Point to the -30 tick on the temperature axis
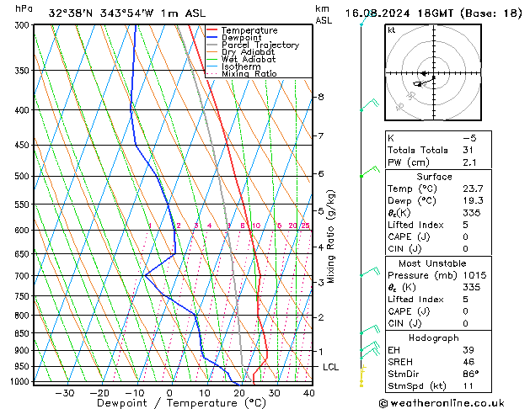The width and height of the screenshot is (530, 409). coord(65,392)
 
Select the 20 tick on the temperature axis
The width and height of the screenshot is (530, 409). coord(239,392)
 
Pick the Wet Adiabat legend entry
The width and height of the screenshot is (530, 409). coord(249,59)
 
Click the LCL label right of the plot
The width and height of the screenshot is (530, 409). coord(330,367)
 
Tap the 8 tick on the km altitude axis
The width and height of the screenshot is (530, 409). coord(321,97)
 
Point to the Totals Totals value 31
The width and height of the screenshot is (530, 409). coord(468,150)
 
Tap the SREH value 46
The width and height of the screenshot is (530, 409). coord(468,361)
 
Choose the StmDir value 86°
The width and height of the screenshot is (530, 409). coord(470,374)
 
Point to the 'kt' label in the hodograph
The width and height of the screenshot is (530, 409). coord(391,30)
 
